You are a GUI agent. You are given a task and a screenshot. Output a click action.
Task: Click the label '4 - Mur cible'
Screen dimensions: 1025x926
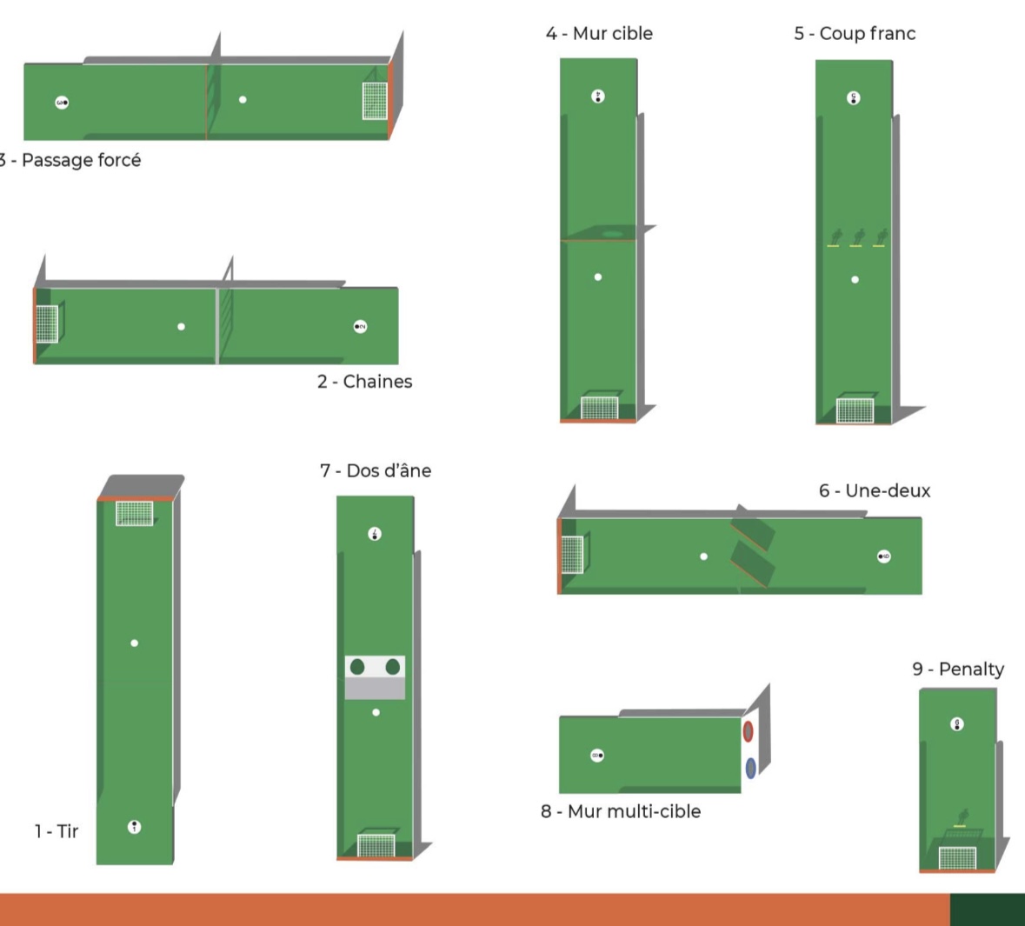(600, 33)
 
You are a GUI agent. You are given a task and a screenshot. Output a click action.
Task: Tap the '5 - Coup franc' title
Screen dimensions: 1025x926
(855, 33)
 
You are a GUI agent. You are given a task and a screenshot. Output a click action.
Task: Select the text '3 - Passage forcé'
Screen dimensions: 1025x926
(70, 160)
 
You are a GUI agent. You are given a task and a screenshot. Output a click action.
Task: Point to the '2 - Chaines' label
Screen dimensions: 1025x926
(365, 381)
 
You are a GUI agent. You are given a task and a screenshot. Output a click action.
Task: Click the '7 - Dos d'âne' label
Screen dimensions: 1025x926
(376, 471)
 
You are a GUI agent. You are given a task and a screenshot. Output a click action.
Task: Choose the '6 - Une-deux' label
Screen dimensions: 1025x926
(875, 490)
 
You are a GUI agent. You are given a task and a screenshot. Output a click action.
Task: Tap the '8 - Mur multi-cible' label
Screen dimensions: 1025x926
(621, 811)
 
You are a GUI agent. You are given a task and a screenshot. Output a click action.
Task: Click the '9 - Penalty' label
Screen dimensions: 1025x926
(958, 669)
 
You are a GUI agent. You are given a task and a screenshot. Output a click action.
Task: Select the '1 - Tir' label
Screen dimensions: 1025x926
(57, 831)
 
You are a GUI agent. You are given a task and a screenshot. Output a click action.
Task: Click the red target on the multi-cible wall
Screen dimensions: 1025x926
(749, 731)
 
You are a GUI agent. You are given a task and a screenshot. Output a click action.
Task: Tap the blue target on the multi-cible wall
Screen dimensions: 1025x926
(750, 768)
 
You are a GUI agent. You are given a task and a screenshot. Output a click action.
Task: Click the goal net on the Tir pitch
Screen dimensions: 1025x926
(135, 513)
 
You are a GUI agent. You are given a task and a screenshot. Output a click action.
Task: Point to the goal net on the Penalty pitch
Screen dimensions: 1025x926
(958, 857)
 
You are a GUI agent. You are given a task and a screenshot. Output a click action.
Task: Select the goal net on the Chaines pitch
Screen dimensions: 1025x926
(47, 323)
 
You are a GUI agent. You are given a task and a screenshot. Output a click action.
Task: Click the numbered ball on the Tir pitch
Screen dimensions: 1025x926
(134, 827)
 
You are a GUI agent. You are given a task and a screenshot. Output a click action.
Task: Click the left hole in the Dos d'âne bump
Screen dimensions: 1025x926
(357, 667)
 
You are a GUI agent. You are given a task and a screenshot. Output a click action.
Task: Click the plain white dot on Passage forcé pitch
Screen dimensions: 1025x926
(243, 99)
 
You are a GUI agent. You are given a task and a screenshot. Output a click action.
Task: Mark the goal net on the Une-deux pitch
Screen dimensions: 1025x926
(573, 555)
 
